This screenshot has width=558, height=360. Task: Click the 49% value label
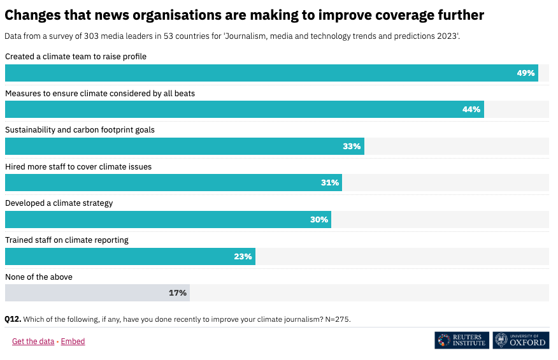tap(526, 73)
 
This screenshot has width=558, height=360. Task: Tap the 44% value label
tap(471, 110)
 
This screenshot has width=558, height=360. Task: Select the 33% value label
tap(352, 147)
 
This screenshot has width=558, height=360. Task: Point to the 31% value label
tap(330, 183)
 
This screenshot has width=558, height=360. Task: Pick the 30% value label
tap(319, 220)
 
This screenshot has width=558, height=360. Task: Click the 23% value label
tap(243, 257)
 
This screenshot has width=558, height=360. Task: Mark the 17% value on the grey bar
tap(178, 293)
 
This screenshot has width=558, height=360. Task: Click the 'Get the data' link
tap(33, 342)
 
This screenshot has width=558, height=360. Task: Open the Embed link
tap(73, 342)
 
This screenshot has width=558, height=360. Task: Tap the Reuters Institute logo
tap(462, 340)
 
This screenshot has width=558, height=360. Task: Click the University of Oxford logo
tap(520, 340)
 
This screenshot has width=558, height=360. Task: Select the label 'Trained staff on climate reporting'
tap(67, 240)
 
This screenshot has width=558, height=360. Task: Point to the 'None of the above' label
tap(39, 277)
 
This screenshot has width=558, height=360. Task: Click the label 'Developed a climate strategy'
tap(59, 203)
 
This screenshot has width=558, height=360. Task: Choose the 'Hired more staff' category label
tap(78, 166)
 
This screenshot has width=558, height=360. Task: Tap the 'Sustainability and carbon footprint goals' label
tap(80, 130)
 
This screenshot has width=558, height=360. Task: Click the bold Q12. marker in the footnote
tap(13, 319)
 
